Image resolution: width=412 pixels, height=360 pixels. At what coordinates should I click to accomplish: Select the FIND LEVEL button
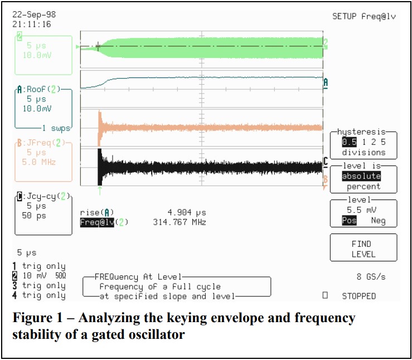click(363, 249)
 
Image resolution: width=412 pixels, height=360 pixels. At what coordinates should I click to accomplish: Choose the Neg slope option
click(378, 221)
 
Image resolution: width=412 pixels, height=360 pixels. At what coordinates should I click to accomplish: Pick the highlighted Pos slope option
click(349, 221)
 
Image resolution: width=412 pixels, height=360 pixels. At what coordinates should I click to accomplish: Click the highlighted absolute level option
click(361, 176)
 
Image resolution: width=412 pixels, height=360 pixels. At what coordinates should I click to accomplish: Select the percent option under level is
click(363, 186)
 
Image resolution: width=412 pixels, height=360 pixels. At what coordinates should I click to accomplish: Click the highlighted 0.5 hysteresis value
click(349, 142)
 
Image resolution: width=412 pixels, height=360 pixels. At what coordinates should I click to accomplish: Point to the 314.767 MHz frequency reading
click(179, 222)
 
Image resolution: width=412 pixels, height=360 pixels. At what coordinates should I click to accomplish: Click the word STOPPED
click(358, 296)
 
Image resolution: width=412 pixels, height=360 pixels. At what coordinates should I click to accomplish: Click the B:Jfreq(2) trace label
click(40, 143)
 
